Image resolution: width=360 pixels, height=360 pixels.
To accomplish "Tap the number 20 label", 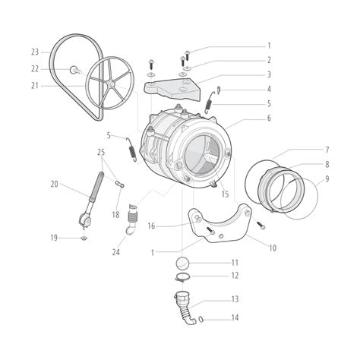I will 54,184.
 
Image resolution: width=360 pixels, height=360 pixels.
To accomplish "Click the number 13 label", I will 235,298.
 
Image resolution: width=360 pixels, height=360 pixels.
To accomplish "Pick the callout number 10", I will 273,247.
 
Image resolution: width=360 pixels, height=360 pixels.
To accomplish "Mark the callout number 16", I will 151,226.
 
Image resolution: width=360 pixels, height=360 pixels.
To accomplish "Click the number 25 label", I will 101,153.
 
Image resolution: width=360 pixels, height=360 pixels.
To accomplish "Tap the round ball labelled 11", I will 182,263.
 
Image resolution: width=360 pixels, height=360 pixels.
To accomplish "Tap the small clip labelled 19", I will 84,238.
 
